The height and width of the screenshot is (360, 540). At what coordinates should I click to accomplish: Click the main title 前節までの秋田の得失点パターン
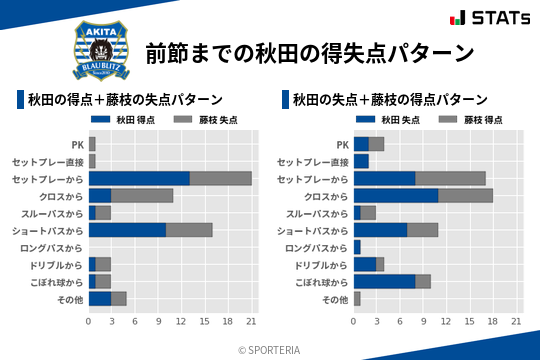[x=308, y=52]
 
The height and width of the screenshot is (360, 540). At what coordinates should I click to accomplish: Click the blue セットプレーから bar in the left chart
[x=139, y=178]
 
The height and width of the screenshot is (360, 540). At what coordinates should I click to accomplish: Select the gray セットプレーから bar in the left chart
[x=220, y=178]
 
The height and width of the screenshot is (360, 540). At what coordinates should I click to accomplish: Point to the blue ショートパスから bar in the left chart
[x=127, y=230]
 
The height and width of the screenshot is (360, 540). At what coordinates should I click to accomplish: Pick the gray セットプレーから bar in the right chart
[x=450, y=178]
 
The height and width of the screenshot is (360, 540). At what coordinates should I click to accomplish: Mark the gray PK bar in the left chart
[x=92, y=144]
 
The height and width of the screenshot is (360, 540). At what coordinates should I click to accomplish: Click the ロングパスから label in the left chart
[x=55, y=247]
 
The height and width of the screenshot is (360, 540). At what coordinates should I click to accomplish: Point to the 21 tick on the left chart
[x=252, y=321]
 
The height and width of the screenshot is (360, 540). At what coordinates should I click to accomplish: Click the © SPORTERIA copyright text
[x=270, y=348]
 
